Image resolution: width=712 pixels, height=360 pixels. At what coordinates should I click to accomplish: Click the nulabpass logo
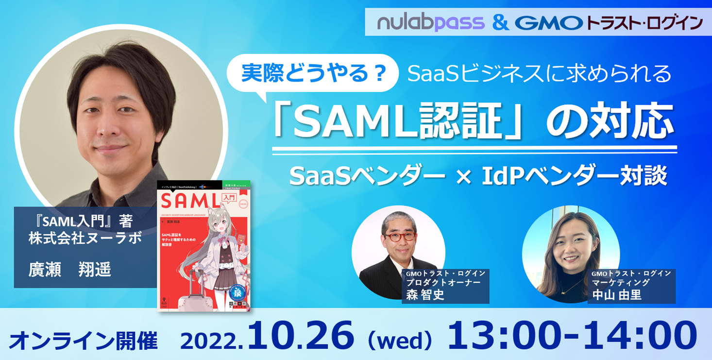pos(430,22)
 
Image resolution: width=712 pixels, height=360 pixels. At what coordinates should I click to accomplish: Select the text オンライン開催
pos(83,341)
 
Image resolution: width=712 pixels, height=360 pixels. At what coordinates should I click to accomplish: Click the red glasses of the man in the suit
pos(400,237)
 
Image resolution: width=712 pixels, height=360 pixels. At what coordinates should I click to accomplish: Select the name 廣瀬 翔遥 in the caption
pos(70,269)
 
